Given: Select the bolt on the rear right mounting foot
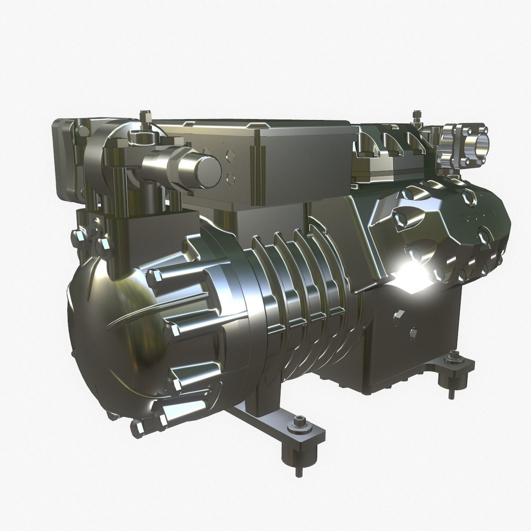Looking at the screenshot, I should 453,355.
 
